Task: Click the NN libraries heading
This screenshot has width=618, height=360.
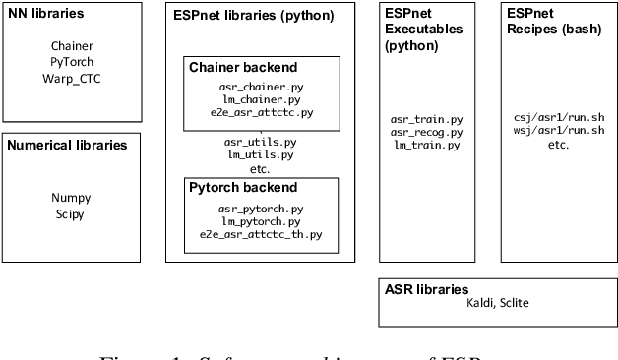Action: pyautogui.click(x=44, y=15)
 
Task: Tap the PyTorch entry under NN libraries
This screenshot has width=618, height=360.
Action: pyautogui.click(x=71, y=61)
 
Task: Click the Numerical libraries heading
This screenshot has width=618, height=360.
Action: pyautogui.click(x=67, y=146)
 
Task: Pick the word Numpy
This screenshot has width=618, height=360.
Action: pyautogui.click(x=71, y=197)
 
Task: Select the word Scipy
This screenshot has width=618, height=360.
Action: pyautogui.click(x=70, y=213)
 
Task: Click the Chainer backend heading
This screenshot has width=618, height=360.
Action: pyautogui.click(x=243, y=67)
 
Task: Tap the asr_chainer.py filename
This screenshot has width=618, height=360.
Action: pyautogui.click(x=261, y=87)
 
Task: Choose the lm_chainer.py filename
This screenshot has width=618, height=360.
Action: pyautogui.click(x=261, y=99)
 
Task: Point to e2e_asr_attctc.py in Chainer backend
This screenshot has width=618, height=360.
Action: pyautogui.click(x=261, y=112)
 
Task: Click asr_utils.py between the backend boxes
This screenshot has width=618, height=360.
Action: pyautogui.click(x=261, y=142)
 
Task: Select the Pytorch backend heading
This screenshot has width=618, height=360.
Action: pyautogui.click(x=242, y=187)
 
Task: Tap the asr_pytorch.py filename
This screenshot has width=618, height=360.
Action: pyautogui.click(x=261, y=209)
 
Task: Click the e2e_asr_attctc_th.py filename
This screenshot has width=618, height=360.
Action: pyautogui.click(x=261, y=234)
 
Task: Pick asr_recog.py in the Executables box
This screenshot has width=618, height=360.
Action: pyautogui.click(x=426, y=132)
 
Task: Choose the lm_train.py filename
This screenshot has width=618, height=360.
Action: pyautogui.click(x=426, y=145)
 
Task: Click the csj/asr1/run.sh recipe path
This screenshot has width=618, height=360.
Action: pyautogui.click(x=558, y=117)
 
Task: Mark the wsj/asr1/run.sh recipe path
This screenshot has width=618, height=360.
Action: pyautogui.click(x=558, y=130)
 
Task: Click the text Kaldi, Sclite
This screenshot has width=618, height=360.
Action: pyautogui.click(x=497, y=303)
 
